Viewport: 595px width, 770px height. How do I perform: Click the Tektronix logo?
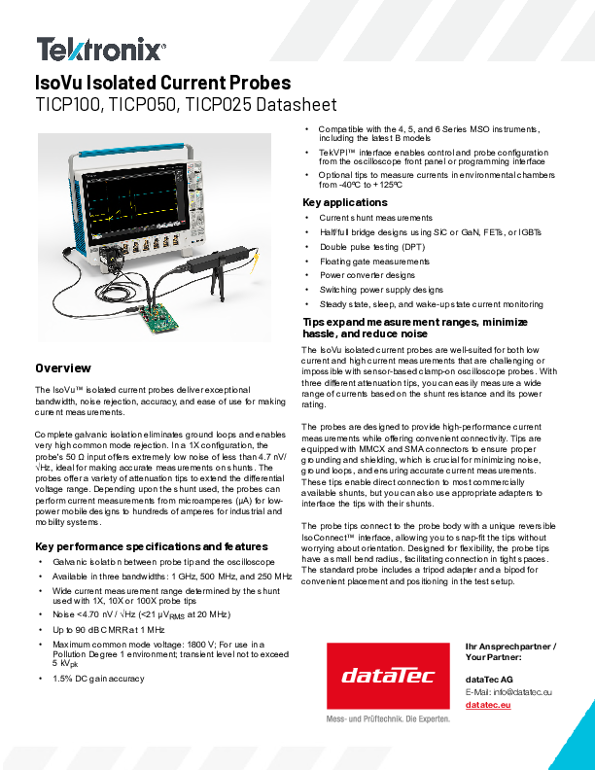point(101,49)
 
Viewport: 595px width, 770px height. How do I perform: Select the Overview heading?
point(63,368)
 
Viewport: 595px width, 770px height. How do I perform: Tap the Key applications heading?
point(345,202)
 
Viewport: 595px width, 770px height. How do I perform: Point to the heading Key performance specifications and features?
point(151,546)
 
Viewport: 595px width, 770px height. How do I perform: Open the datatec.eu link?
point(488,703)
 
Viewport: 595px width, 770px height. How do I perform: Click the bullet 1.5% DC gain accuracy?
point(98,678)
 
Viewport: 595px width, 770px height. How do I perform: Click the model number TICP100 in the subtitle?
point(67,104)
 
